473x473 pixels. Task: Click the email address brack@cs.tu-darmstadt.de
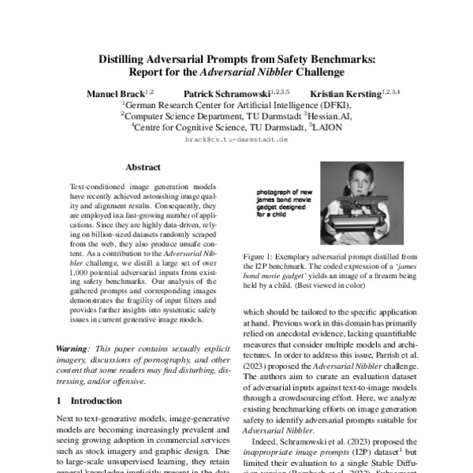pos(236,139)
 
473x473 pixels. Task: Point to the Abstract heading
pos(143,167)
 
